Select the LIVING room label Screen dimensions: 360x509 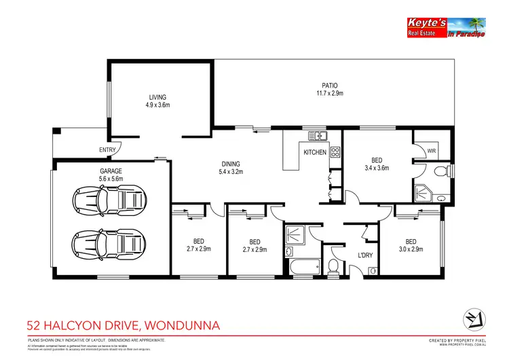point(157,97)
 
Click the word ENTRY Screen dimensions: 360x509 point(107,150)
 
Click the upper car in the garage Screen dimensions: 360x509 point(110,200)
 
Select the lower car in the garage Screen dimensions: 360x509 point(110,241)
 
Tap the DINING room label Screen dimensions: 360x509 point(231,164)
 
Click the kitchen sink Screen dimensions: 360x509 point(314,135)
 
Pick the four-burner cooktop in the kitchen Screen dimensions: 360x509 point(335,153)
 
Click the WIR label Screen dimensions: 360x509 point(431,151)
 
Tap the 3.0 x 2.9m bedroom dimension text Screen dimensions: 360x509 point(411,249)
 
